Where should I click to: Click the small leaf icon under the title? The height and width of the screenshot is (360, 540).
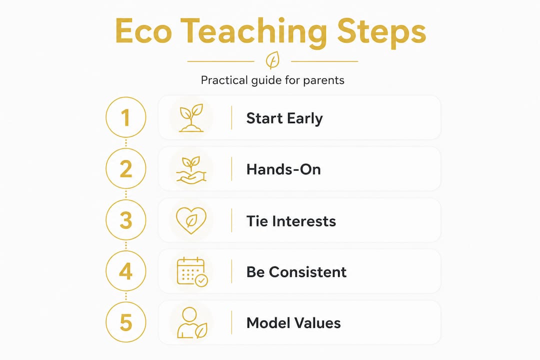pyautogui.click(x=272, y=61)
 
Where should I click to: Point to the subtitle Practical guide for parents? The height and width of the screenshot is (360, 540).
pyautogui.click(x=272, y=80)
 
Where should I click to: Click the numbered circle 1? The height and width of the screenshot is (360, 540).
pyautogui.click(x=126, y=118)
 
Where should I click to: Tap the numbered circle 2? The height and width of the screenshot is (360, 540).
pyautogui.click(x=126, y=169)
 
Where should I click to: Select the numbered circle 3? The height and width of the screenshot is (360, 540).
pyautogui.click(x=126, y=220)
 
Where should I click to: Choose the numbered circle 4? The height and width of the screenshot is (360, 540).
pyautogui.click(x=126, y=271)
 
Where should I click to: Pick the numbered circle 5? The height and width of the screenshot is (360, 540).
pyautogui.click(x=126, y=322)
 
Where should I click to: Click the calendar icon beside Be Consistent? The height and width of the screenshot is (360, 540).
pyautogui.click(x=192, y=272)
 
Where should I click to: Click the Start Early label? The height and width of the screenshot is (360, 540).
pyautogui.click(x=284, y=118)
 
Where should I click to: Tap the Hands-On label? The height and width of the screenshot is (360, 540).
pyautogui.click(x=283, y=169)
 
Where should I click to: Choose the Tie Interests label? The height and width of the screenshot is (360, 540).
pyautogui.click(x=291, y=220)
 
